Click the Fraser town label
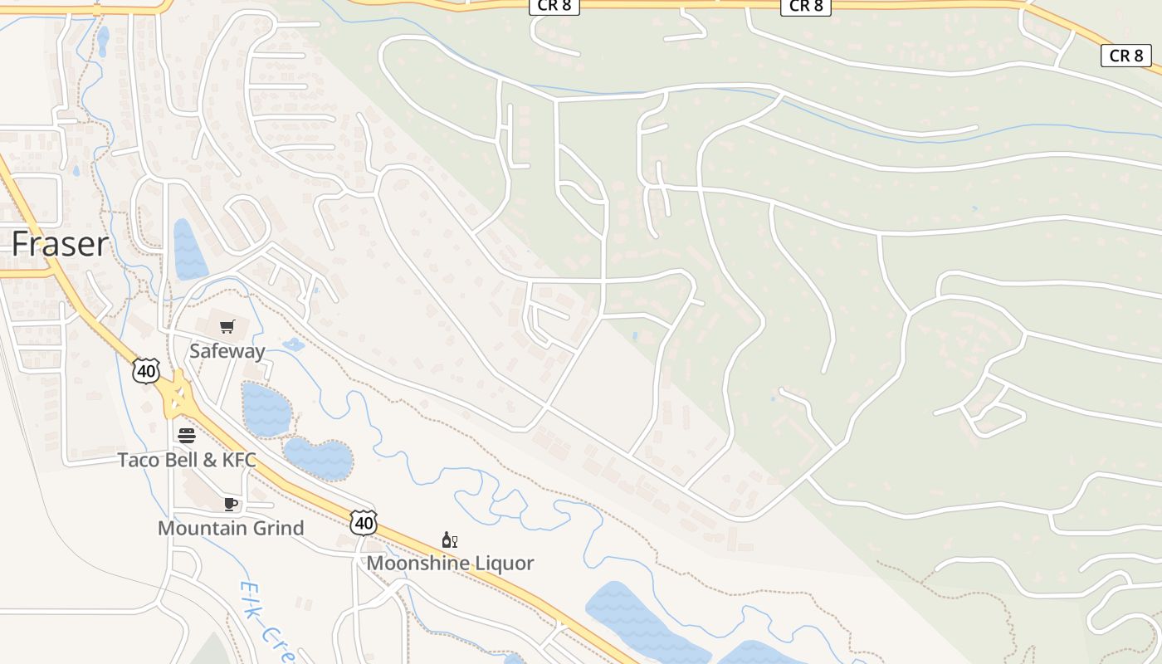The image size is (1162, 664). (61, 244)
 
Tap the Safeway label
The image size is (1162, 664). (227, 350)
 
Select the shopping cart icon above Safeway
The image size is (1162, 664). (227, 326)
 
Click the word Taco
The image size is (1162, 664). (138, 460)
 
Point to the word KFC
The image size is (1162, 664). (237, 460)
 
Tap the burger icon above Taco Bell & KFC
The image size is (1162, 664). (187, 436)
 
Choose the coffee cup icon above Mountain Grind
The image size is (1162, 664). (231, 504)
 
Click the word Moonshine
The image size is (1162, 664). (419, 563)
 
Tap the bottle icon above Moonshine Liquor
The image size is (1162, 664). (449, 540)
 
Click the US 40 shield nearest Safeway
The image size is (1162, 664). (146, 371)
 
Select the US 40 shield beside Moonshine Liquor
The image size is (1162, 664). (364, 522)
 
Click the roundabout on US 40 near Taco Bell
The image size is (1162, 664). (177, 397)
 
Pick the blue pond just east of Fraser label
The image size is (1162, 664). (189, 250)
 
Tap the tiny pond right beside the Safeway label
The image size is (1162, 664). (293, 344)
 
